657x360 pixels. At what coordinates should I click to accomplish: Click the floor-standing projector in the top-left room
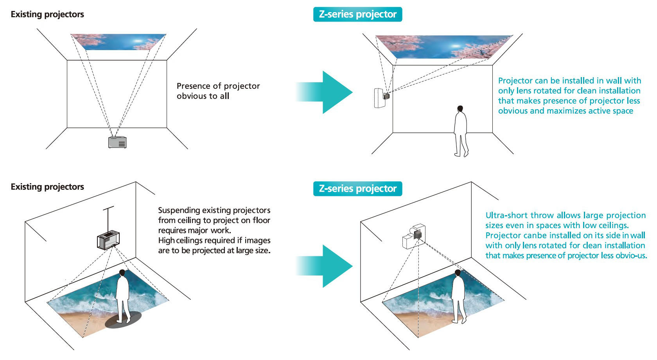pos(117,142)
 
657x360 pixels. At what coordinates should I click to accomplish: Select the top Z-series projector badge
pos(357,14)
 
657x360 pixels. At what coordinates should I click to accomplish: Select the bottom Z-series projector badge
pos(357,189)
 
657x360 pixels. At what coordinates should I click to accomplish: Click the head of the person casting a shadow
pos(122,273)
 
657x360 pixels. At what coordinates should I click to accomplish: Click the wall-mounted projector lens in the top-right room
pos(386,96)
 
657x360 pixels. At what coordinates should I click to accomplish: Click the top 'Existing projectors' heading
pos(47,14)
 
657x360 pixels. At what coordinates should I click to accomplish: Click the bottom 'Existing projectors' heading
pos(47,187)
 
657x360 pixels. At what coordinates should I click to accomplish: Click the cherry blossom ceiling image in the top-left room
pos(118,42)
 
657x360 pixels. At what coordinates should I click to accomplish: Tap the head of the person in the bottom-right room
pos(458,273)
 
